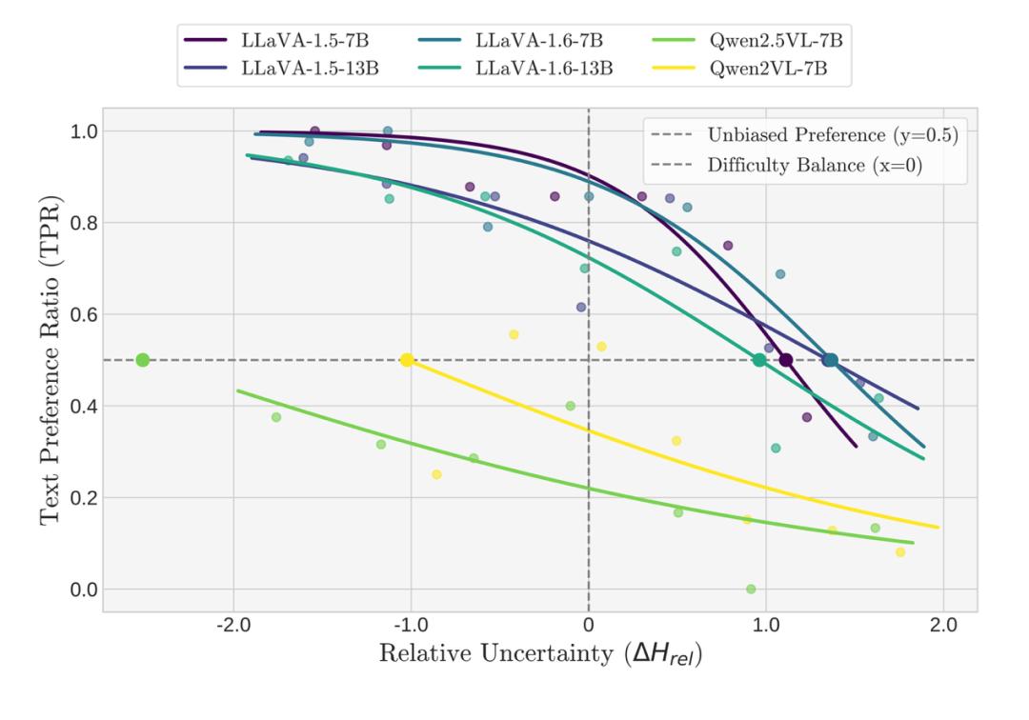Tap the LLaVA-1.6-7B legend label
tap(539, 41)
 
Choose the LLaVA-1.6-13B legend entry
tap(545, 68)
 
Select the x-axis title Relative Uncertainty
tap(540, 654)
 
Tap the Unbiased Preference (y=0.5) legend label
tap(832, 134)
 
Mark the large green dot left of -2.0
tap(143, 360)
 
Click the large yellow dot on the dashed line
tap(407, 360)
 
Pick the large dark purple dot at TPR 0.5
tap(786, 360)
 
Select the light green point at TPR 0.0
tap(751, 590)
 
